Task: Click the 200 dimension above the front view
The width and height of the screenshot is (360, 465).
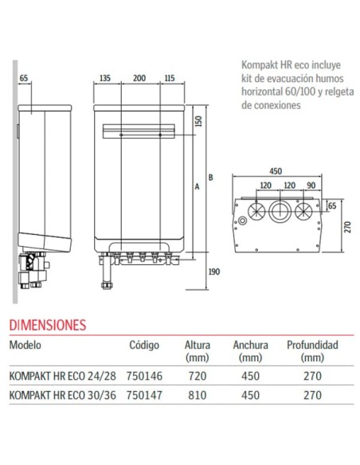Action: click(x=139, y=79)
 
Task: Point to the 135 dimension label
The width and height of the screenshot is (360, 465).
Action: click(x=104, y=79)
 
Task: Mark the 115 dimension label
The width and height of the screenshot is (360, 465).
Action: click(x=169, y=79)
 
